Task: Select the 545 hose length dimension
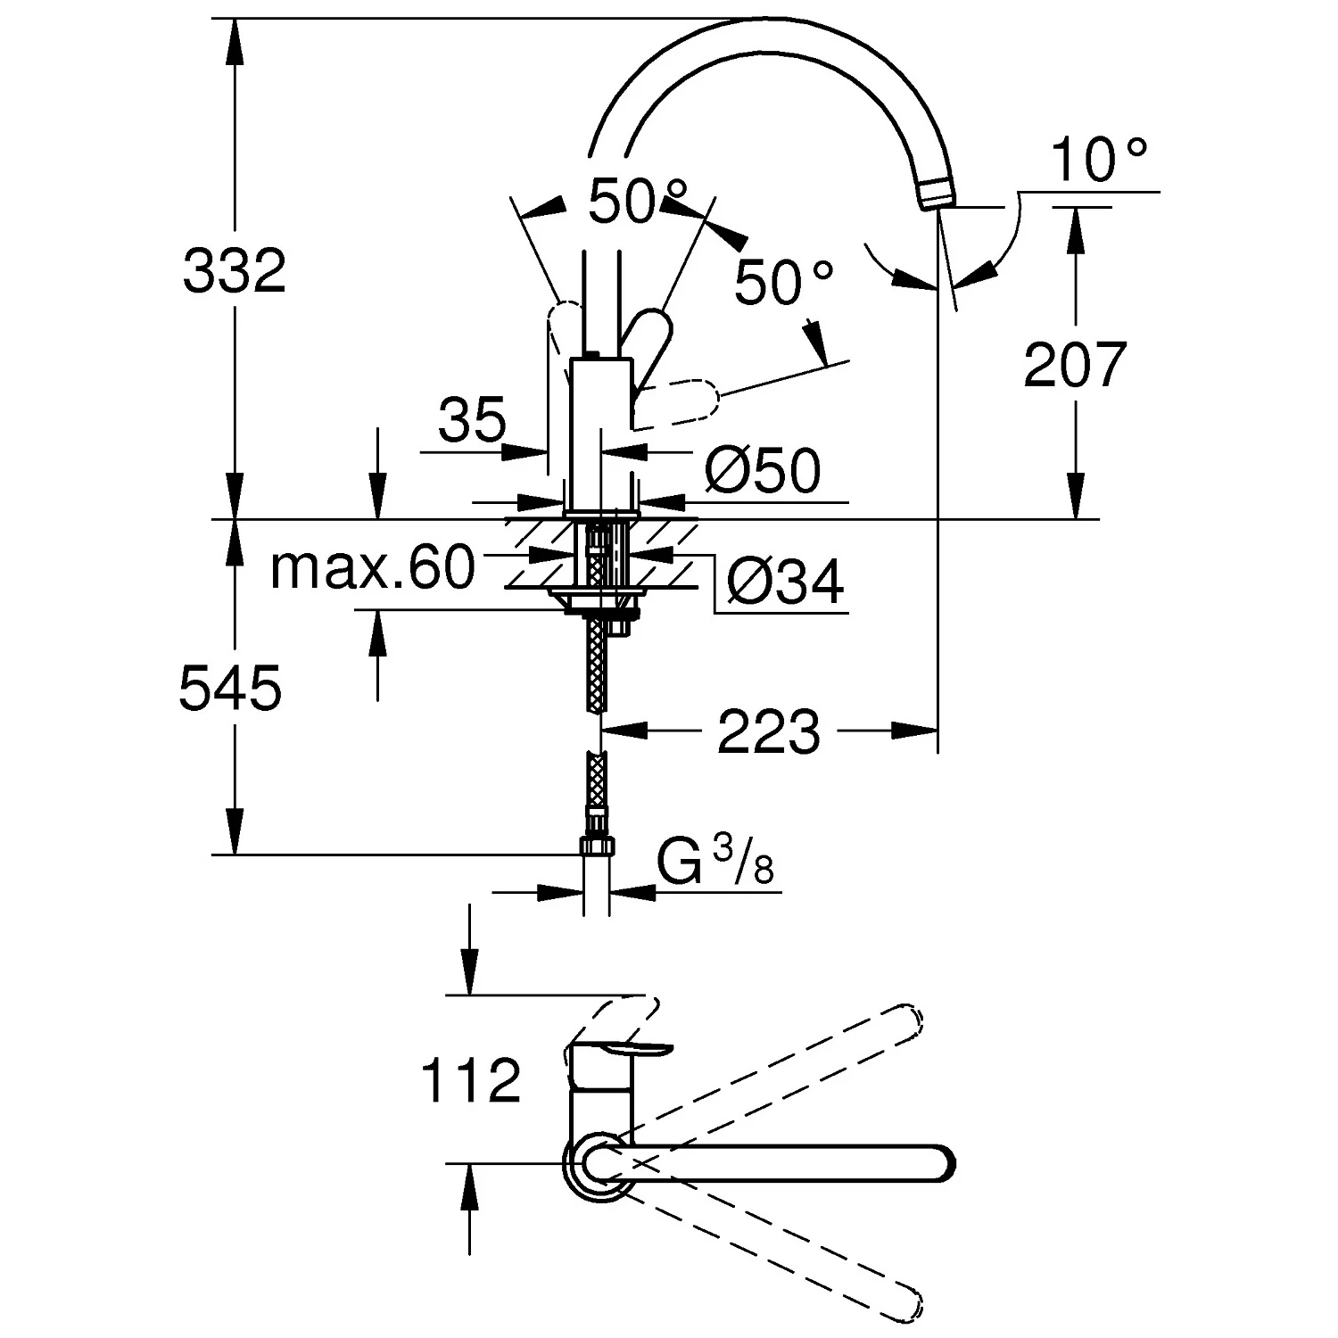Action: [230, 689]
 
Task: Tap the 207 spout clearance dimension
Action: [1075, 364]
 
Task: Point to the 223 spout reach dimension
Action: [768, 731]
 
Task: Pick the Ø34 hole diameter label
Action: [784, 584]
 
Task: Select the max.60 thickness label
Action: [372, 567]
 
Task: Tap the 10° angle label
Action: [1098, 161]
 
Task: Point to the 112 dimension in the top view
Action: [470, 1080]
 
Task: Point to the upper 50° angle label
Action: [637, 202]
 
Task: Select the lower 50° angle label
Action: [783, 284]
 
